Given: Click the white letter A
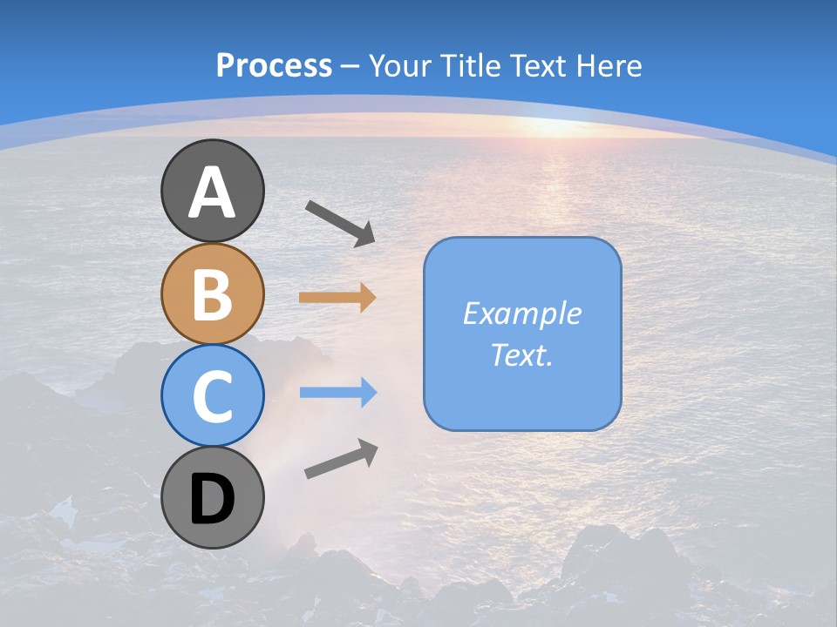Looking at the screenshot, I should click(212, 192).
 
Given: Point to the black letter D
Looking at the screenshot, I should click(212, 499).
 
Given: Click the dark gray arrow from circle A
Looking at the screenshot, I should click(340, 222).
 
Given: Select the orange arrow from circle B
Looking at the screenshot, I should click(337, 297).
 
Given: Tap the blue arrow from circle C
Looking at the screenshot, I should click(337, 393).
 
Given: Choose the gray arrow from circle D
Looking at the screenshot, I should click(341, 458).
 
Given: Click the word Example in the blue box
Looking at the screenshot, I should click(522, 313).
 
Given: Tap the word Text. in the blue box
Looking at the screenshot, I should click(522, 354).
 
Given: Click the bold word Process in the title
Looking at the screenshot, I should click(274, 65).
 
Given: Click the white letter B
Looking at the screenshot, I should click(212, 294).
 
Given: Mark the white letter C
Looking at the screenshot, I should click(212, 396).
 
